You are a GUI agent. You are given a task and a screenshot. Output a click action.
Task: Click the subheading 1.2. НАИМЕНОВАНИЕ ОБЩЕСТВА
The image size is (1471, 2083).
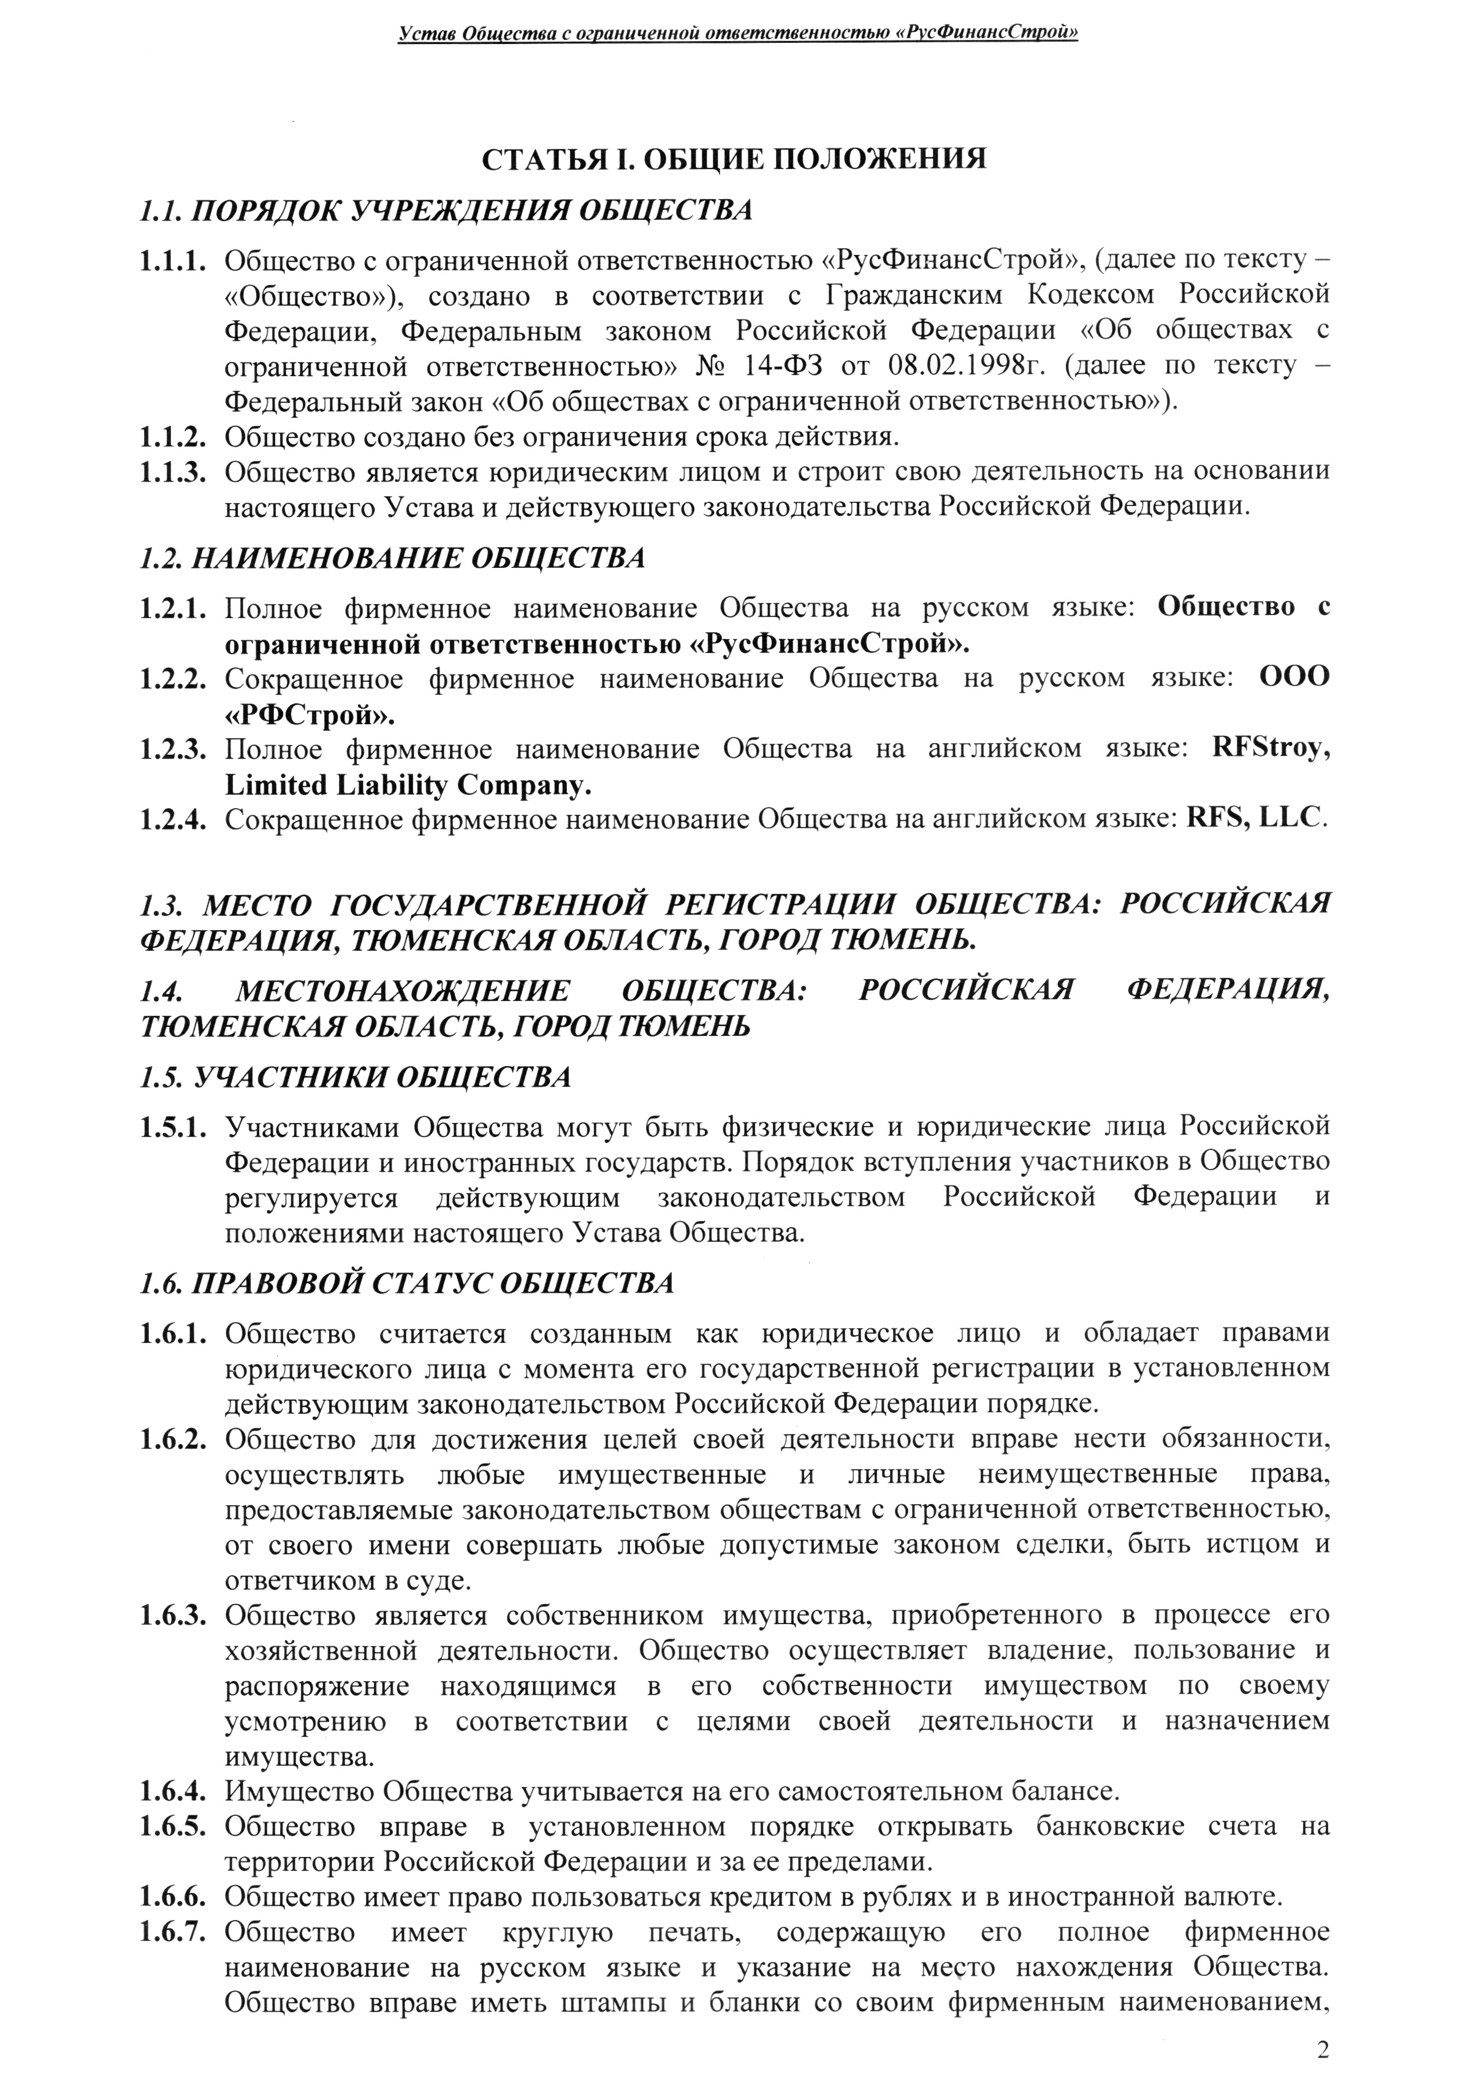(x=393, y=558)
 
